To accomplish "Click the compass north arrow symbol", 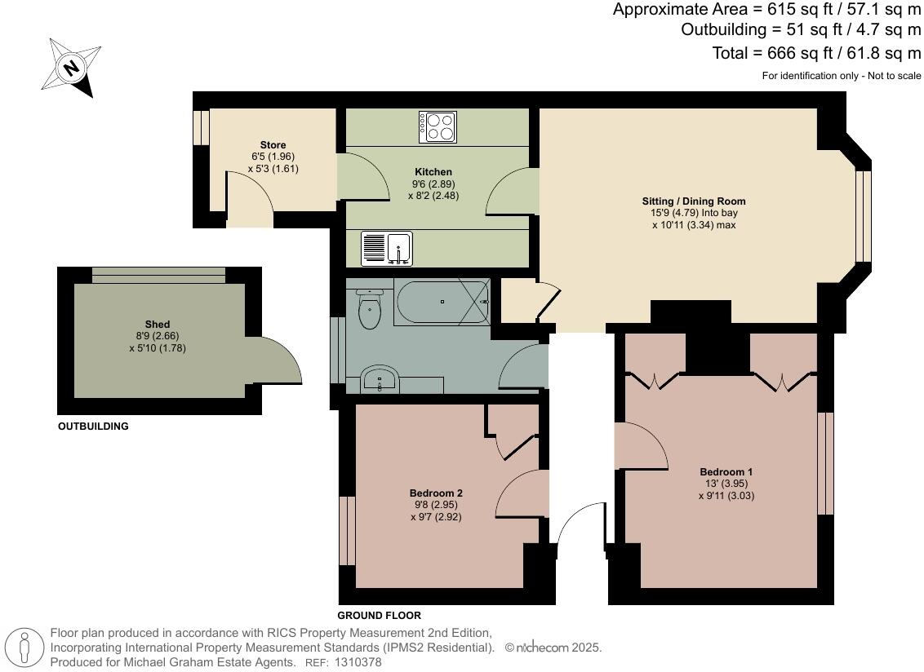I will coord(71,69).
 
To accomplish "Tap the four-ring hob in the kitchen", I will coord(438,126).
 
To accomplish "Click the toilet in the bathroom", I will coord(370,309).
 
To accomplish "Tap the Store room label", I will coord(273,145).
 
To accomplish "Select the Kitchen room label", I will coord(433,172).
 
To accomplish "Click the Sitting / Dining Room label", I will coord(693,201).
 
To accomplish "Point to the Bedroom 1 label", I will coord(726,471).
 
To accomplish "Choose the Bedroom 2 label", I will coord(436,493).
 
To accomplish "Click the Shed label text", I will coord(158,325).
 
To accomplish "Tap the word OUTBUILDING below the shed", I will coord(93,427).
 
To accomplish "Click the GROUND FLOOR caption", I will coord(380,616).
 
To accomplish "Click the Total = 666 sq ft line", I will coord(816,54).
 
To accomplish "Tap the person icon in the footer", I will coord(24,648).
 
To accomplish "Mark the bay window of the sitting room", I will coord(861,216).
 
